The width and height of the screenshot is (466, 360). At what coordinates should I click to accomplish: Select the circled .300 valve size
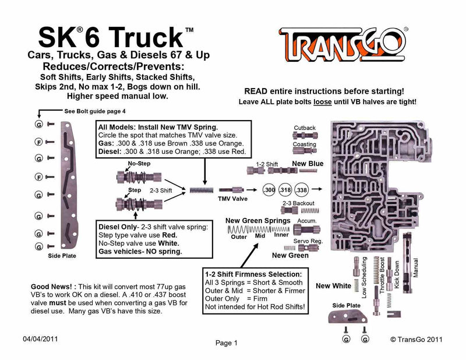269,190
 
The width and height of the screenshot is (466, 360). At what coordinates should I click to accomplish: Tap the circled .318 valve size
285,190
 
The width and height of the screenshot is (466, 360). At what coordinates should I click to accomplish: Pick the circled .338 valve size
302,190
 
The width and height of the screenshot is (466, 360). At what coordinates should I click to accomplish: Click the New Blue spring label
307,164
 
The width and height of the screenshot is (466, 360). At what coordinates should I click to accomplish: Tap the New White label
333,286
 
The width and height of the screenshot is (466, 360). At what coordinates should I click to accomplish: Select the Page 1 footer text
227,343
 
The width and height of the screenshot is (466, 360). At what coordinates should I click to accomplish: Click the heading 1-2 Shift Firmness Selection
253,274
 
